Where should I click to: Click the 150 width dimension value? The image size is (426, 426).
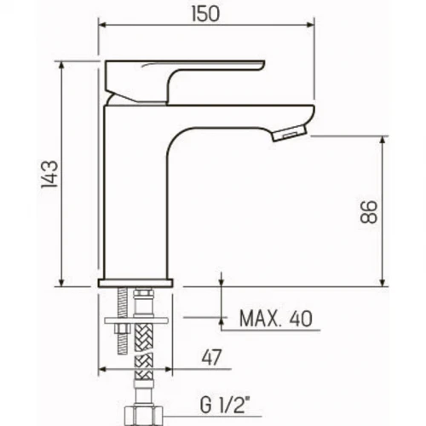(x=206, y=14)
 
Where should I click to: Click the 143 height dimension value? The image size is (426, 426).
(x=49, y=174)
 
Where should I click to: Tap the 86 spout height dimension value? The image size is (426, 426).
(x=369, y=212)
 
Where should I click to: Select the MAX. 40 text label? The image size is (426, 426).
(x=276, y=319)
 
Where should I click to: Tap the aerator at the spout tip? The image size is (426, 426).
(x=290, y=134)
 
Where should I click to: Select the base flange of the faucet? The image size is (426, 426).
(x=135, y=283)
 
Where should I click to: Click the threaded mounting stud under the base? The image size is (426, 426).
(x=122, y=321)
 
